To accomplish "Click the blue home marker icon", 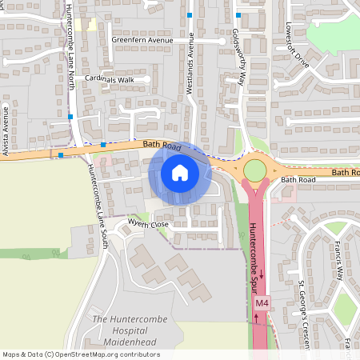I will click(180, 172).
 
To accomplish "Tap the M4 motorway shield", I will click(262, 304).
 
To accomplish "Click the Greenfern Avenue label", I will click(142, 40).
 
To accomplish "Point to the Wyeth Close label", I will click(148, 224).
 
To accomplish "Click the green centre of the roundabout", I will click(254, 170).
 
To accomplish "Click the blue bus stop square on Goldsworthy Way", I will click(238, 15).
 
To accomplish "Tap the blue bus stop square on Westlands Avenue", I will click(190, 15).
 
